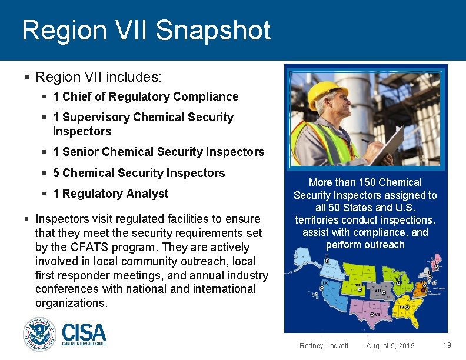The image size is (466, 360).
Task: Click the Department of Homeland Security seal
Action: click(39, 335)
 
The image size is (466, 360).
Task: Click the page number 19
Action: click(447, 345)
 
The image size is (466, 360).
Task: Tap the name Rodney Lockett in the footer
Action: click(324, 346)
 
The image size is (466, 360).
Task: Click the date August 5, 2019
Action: click(390, 346)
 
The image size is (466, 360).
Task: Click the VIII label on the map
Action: click(359, 285)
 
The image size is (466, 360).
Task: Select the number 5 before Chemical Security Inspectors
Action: click(56, 173)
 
